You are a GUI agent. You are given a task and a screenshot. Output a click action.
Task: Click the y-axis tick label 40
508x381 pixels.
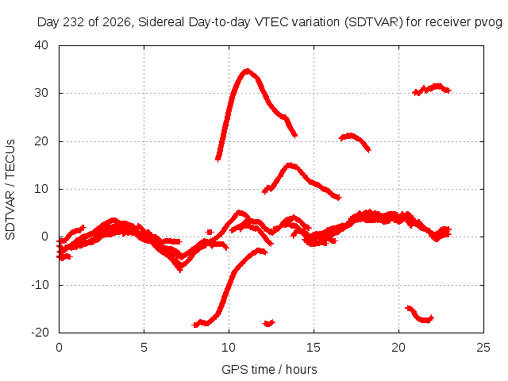point(41,45)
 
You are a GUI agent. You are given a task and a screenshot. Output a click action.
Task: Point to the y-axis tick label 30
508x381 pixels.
point(41,93)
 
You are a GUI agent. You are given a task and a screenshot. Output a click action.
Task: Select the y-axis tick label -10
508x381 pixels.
point(40,285)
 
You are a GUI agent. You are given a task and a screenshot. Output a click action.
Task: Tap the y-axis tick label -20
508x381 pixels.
point(40,333)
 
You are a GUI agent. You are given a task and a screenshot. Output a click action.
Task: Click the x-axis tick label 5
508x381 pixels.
point(144,348)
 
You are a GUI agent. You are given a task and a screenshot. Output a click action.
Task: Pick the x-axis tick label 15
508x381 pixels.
point(314,348)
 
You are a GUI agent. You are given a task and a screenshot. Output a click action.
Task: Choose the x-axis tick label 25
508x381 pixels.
point(483,348)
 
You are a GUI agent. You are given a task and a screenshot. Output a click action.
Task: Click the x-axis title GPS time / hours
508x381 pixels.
point(269,369)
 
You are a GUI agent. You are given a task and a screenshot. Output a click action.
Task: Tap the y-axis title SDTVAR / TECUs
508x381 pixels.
point(10,190)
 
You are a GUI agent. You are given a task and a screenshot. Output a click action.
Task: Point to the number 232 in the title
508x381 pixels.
point(73,22)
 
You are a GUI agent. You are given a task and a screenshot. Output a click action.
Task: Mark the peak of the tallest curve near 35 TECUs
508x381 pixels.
point(248,71)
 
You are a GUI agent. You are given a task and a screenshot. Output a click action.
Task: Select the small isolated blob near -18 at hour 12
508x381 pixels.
point(269,323)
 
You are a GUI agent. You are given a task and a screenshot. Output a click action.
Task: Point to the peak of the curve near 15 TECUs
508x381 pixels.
point(291,166)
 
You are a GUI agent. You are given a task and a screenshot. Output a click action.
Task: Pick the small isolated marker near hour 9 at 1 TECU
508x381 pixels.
point(210,232)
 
